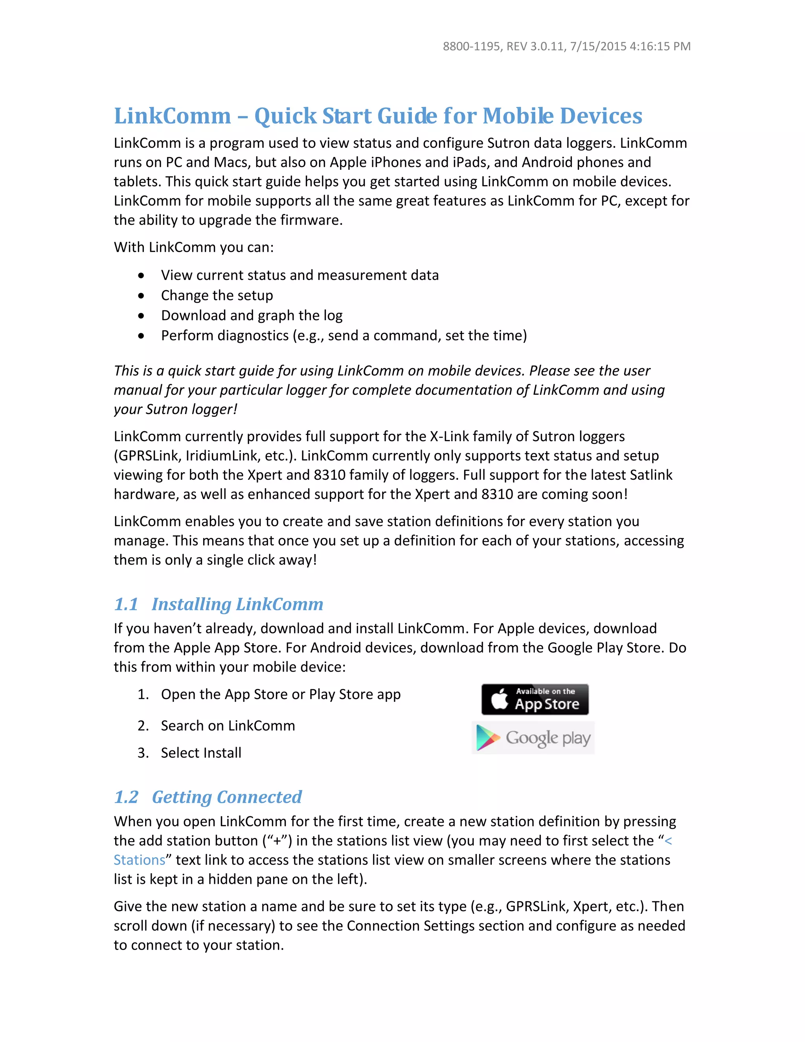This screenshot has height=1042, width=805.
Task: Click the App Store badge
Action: [x=535, y=699]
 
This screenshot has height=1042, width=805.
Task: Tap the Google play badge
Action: [x=533, y=738]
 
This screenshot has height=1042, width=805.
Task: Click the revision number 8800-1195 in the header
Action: [x=471, y=46]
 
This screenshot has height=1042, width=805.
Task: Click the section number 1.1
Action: [x=126, y=604]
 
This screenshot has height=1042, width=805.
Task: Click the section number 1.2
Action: [x=126, y=797]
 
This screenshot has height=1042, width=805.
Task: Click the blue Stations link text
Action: [x=139, y=860]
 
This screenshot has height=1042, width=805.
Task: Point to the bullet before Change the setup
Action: [x=141, y=296]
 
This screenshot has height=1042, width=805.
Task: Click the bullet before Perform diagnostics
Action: [x=141, y=336]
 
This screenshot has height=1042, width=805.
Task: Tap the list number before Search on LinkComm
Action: [x=143, y=726]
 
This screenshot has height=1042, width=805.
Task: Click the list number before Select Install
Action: [x=143, y=753]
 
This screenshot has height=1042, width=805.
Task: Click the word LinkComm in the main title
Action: [x=172, y=116]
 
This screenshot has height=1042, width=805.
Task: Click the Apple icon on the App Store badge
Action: [x=499, y=699]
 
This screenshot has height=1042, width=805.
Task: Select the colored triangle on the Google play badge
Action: [x=487, y=738]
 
